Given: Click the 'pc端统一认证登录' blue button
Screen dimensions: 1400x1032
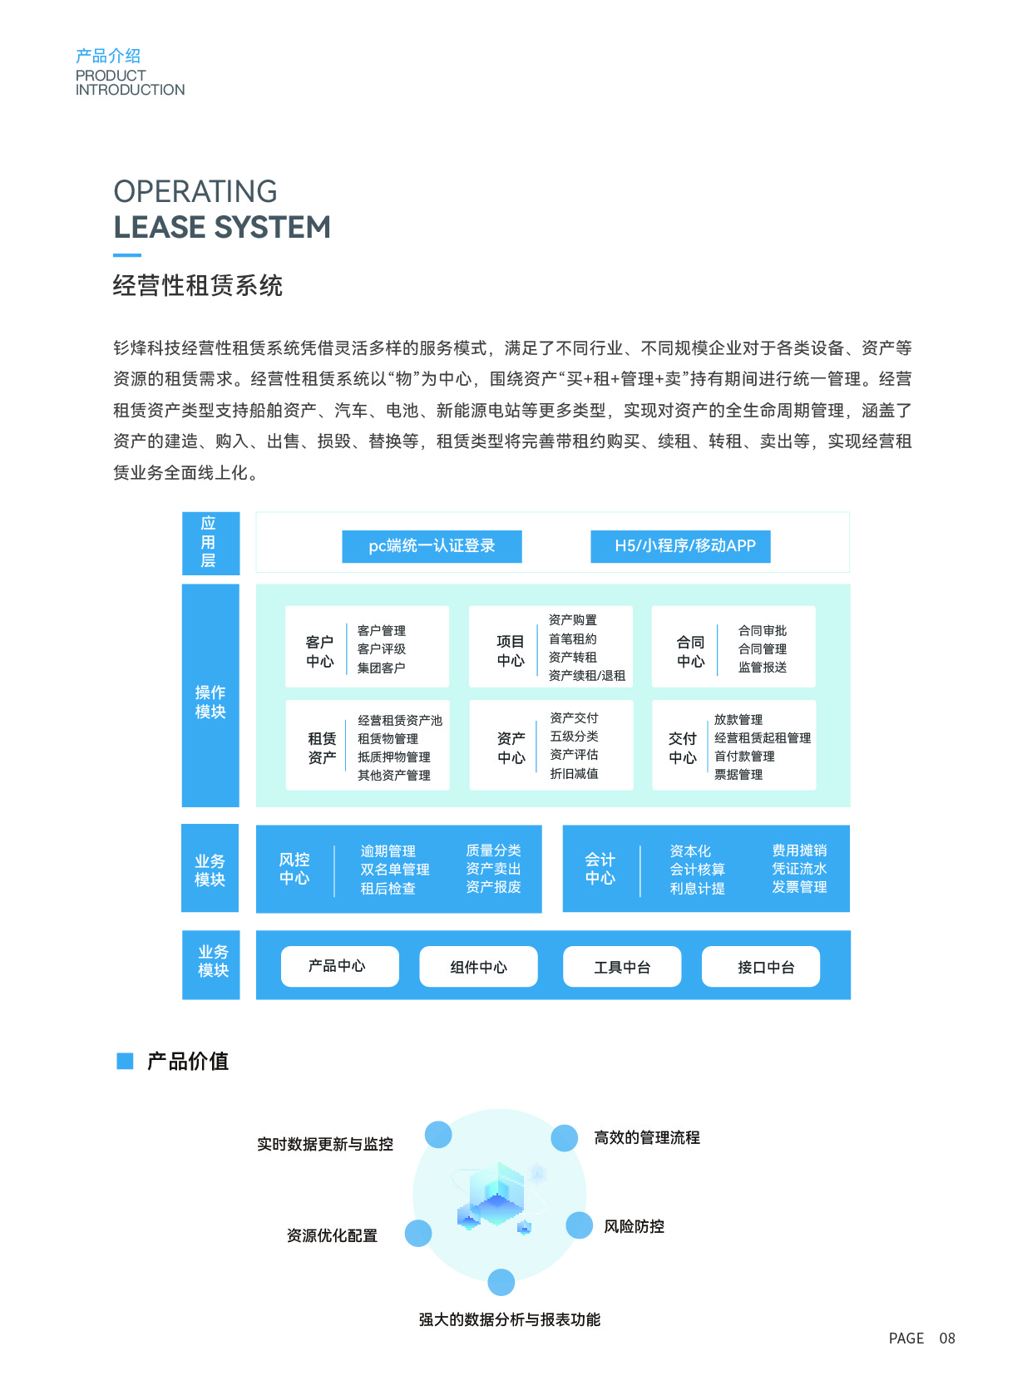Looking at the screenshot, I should tap(432, 546).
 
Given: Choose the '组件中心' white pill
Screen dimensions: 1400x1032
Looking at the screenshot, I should tap(478, 967).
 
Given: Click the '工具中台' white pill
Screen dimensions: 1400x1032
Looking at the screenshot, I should tap(622, 967).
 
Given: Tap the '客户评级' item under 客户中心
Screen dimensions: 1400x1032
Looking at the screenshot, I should tap(381, 648).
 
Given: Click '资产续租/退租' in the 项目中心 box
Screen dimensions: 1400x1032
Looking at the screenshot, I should tap(586, 675).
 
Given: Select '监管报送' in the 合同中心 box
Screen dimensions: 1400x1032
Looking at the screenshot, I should tap(762, 667).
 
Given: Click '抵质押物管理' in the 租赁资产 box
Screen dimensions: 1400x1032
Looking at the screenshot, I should tap(393, 757).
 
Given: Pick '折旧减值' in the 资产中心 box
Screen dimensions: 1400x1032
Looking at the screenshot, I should tap(574, 773).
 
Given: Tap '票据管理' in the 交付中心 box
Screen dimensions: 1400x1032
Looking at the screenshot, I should tap(738, 774).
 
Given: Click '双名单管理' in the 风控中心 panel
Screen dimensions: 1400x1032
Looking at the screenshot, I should tap(394, 870).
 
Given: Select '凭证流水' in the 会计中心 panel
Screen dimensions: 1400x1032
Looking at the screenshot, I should tap(798, 869).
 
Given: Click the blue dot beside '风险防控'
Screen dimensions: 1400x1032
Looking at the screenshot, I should tap(579, 1225).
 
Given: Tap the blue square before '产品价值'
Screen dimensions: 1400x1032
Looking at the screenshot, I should tap(125, 1061).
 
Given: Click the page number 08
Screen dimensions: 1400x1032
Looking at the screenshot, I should tap(947, 1338).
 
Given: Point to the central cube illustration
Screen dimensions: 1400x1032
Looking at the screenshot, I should tap(496, 1195).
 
